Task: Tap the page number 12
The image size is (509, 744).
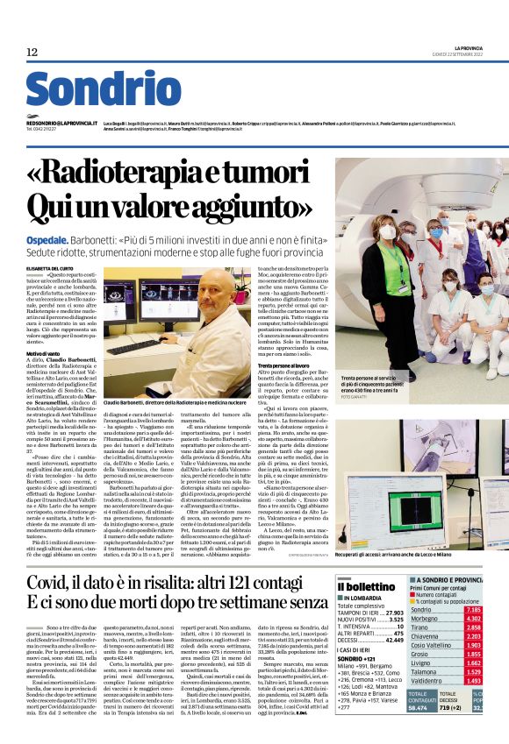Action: [x=32, y=53]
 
